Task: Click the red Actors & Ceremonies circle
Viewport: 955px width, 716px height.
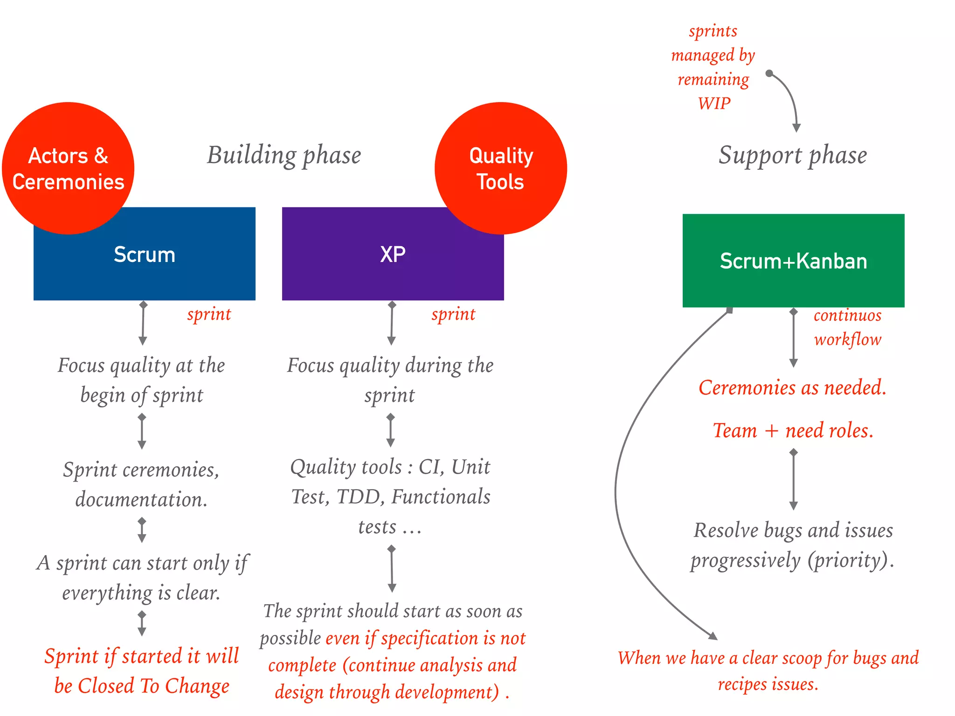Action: [68, 168]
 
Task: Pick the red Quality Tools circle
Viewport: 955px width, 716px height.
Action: [501, 168]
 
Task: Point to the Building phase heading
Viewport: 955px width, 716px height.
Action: [284, 155]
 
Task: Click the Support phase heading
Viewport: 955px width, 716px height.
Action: [793, 155]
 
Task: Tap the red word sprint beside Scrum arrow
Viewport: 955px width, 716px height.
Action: [209, 315]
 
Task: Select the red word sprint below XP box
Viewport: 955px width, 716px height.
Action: [453, 315]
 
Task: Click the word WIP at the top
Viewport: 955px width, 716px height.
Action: [714, 103]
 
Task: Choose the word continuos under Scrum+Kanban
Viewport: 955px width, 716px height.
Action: [847, 316]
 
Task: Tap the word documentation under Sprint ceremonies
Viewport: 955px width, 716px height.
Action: [141, 500]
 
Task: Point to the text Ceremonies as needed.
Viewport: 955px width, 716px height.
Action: [792, 388]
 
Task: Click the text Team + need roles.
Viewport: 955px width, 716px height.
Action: [793, 431]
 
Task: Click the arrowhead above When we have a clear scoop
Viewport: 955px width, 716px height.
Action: [713, 636]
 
